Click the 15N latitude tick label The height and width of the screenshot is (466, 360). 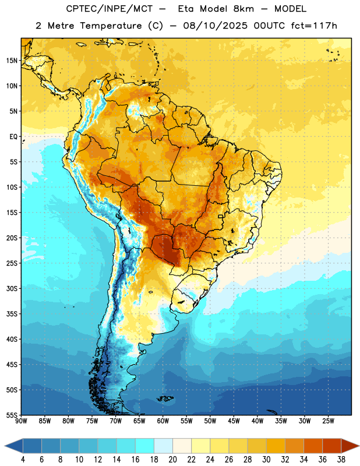(x=12, y=61)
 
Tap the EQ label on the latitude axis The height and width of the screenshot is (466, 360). (x=13, y=137)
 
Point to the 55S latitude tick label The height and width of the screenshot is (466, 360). (x=12, y=415)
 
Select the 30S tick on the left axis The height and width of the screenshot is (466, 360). (x=12, y=288)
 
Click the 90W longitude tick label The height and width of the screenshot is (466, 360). (x=21, y=421)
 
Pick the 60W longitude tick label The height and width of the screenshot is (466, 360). (x=163, y=421)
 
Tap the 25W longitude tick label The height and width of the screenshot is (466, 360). (x=328, y=421)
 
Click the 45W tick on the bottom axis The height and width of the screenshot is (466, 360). (x=234, y=421)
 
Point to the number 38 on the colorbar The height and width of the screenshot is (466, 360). (x=341, y=460)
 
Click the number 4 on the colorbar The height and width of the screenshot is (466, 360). (x=23, y=460)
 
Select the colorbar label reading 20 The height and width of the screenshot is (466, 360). (x=172, y=460)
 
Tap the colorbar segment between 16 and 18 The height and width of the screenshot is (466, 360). (x=144, y=446)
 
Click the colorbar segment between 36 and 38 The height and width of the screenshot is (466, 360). (x=332, y=446)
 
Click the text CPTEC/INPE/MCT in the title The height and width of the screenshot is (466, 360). (x=110, y=9)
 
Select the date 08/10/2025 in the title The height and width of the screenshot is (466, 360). (x=215, y=26)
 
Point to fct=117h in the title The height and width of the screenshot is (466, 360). (x=314, y=26)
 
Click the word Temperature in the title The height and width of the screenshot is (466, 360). (x=111, y=26)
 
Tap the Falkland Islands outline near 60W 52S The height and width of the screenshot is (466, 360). (x=165, y=398)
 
